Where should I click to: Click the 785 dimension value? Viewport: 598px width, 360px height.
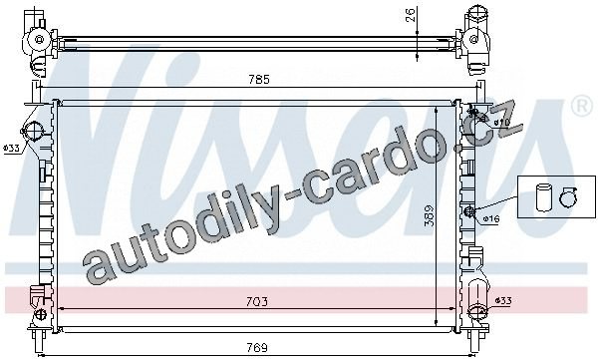(259, 80)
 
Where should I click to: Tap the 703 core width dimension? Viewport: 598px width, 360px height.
(257, 301)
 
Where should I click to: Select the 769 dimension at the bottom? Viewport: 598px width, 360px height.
(257, 348)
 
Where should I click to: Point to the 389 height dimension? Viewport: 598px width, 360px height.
(429, 216)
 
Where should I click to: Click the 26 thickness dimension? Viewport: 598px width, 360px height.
(410, 15)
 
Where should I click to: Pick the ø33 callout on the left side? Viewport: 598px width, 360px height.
(11, 149)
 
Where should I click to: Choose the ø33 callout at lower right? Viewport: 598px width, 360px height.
(503, 301)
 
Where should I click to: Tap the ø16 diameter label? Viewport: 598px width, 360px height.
(490, 219)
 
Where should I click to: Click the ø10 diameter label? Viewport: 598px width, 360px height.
(501, 123)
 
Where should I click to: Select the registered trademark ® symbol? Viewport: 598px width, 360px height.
(580, 106)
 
